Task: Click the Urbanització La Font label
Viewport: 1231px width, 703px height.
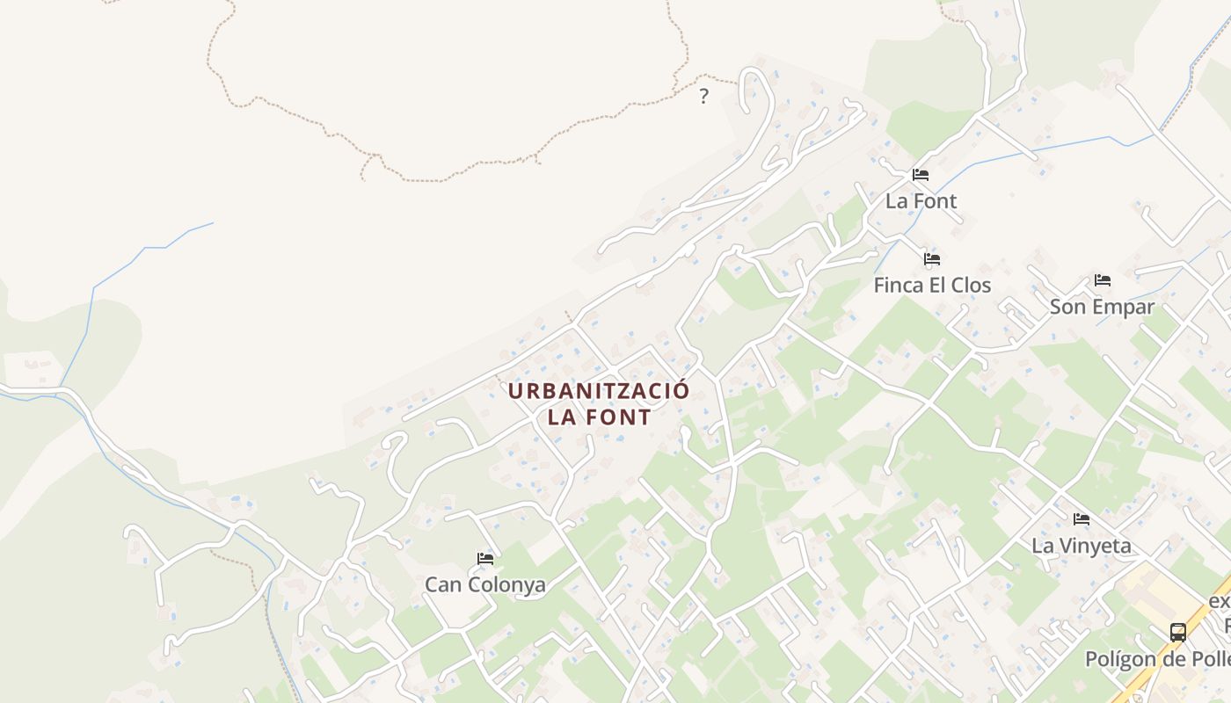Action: coord(599,403)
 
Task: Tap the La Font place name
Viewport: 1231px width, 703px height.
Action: coord(921,201)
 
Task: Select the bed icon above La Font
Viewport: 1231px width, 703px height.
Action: coord(921,174)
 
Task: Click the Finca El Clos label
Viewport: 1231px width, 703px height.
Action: coord(932,286)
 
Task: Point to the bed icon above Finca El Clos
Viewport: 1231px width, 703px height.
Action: coord(932,259)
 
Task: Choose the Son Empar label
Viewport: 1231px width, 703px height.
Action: coord(1102,307)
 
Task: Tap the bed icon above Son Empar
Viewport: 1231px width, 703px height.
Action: coord(1103,280)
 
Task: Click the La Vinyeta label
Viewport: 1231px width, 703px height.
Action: coord(1082,546)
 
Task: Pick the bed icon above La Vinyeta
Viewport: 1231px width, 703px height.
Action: coord(1082,519)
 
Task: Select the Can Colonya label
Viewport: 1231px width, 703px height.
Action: coord(485,584)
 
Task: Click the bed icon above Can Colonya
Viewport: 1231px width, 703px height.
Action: coord(485,558)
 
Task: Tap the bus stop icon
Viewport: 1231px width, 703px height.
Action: coord(1177,632)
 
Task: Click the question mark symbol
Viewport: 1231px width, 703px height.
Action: coord(703,97)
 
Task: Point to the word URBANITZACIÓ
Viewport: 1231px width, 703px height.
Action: coord(599,391)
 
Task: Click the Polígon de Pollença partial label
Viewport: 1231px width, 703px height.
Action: coord(1157,659)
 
